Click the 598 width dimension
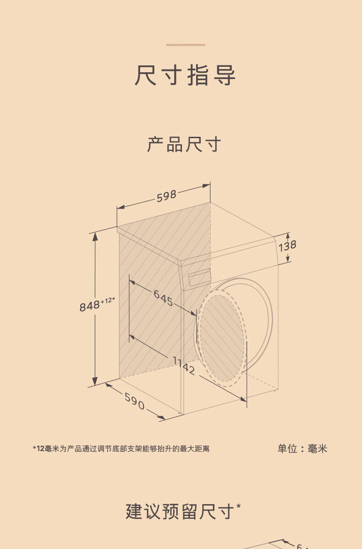coord(166,196)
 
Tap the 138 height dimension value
coord(288,246)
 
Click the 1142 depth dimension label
coord(185,365)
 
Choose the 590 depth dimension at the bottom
coord(134,401)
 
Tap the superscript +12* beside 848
coord(108,301)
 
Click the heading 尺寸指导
coord(185,75)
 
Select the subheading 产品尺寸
coord(184,144)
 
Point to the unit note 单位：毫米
coord(302,448)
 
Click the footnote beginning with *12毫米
coord(121,449)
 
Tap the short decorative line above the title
coord(185,45)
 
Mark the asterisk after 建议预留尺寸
coord(239,506)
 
